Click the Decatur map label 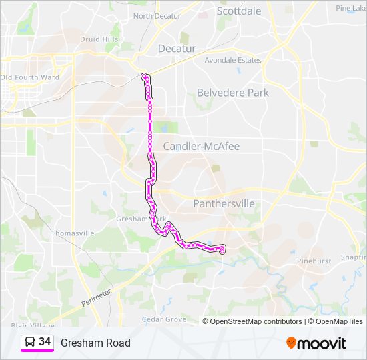[x=177, y=49]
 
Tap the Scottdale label [x=239, y=11]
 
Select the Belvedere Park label [x=232, y=93]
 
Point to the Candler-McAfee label [x=201, y=146]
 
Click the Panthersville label [x=224, y=203]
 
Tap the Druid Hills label [x=99, y=39]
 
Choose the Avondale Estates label [x=233, y=60]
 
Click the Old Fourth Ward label [x=30, y=77]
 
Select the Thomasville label [x=73, y=233]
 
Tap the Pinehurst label [x=314, y=261]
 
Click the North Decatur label [x=157, y=16]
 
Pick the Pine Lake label [x=351, y=8]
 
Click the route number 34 [x=45, y=342]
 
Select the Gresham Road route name [x=95, y=343]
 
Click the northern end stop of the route [x=145, y=75]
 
